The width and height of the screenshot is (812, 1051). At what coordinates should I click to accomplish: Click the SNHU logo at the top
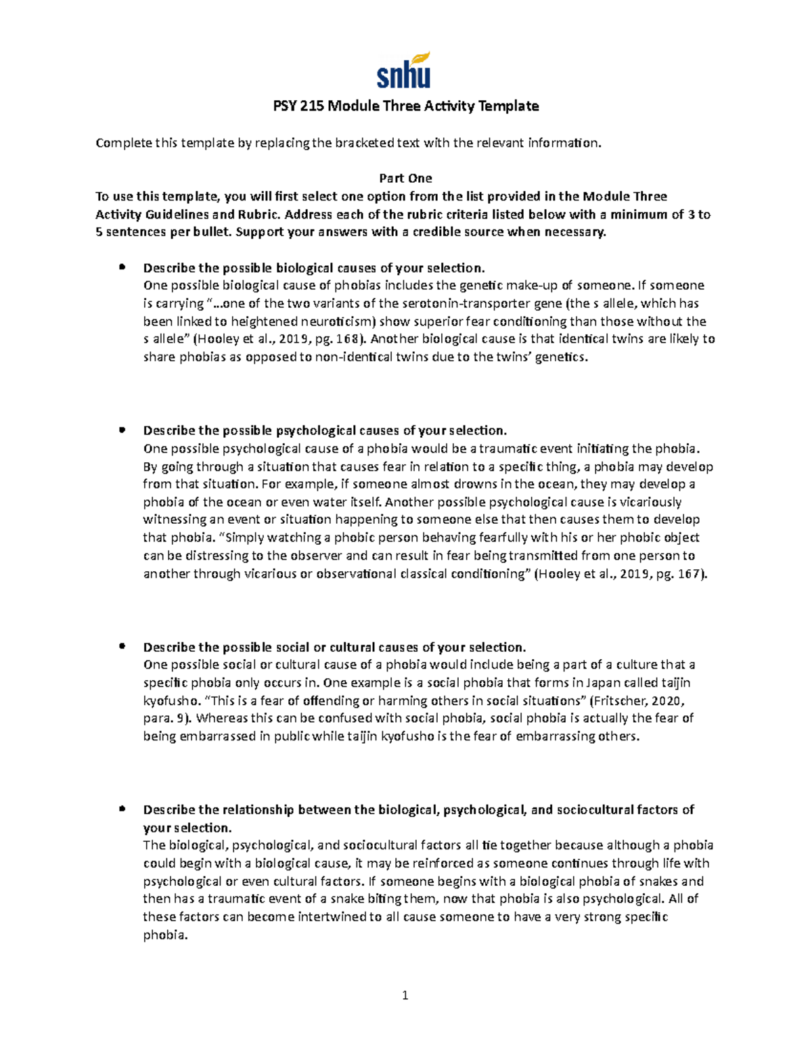[x=404, y=70]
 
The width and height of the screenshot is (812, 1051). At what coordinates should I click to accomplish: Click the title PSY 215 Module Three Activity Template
[x=405, y=106]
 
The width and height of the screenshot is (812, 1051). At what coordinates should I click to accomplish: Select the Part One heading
[x=405, y=178]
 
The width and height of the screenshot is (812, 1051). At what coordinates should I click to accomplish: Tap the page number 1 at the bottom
[x=405, y=995]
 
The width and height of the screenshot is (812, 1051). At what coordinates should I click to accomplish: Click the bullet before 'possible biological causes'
[x=122, y=267]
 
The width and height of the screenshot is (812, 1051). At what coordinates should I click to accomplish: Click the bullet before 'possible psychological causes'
[x=122, y=430]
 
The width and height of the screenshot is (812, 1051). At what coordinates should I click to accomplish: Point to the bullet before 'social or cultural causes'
[x=122, y=646]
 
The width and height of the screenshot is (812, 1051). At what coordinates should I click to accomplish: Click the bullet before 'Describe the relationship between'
[x=122, y=809]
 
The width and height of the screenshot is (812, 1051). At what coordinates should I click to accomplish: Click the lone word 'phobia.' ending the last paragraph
[x=164, y=935]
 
